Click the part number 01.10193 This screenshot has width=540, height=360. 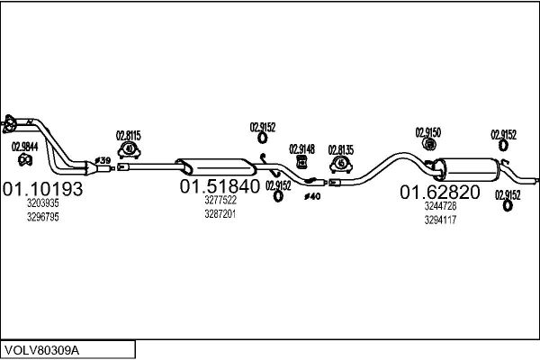coord(42,189)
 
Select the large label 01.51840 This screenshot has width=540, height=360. coord(220,186)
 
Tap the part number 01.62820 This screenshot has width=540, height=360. coord(440,192)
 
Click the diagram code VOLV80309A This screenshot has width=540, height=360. coord(41,351)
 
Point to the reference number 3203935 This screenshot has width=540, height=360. coord(43,203)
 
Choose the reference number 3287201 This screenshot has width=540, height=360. coord(220,214)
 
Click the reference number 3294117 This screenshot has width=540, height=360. coord(440,220)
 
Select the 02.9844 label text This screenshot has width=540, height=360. coord(25,147)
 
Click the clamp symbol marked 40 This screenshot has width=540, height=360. coord(129,150)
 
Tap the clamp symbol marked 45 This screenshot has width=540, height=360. coord(341,164)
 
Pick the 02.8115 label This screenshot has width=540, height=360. coord(128,136)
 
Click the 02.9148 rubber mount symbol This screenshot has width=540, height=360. coord(302,162)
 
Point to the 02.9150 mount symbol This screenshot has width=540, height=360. coord(429,144)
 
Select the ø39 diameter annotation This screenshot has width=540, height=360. coord(103,160)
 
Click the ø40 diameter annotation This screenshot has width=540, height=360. coord(312,197)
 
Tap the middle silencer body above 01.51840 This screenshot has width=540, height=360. coord(216,166)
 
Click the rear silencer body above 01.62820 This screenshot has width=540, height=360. coord(466,169)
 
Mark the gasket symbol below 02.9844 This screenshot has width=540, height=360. coord(25,160)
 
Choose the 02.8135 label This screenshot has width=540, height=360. coord(341,150)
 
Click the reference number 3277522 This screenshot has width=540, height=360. coord(220,200)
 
